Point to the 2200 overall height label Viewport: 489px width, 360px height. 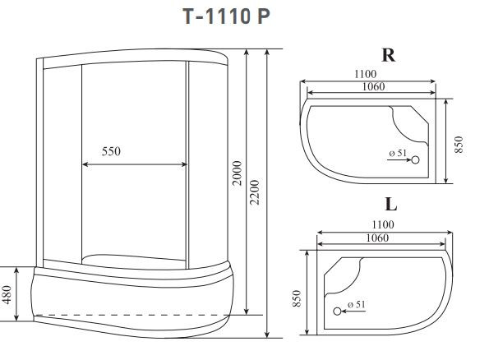[256, 192]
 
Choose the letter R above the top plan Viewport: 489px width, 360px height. [389, 55]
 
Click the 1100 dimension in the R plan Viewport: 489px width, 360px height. [367, 74]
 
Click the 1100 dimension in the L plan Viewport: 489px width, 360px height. [382, 224]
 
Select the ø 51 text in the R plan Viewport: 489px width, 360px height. [397, 154]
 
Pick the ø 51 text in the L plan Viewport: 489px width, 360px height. [355, 304]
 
